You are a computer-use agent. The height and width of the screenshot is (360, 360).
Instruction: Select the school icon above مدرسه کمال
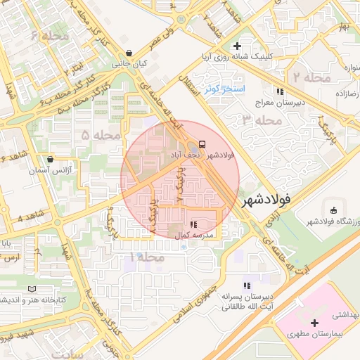pyautogui.click(x=193, y=224)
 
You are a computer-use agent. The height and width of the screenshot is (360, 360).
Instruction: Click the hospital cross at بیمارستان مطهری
pyautogui.click(x=314, y=322)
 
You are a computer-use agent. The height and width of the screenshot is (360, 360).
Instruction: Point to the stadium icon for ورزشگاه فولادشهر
pyautogui.click(x=333, y=210)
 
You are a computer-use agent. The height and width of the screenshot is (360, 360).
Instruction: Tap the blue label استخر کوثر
pyautogui.click(x=224, y=90)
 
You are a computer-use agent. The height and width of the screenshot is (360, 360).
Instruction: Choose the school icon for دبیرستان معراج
pyautogui.click(x=279, y=91)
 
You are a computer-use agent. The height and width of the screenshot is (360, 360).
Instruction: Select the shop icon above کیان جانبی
pyautogui.click(x=129, y=53)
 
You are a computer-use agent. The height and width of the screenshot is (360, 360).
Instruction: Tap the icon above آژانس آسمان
pyautogui.click(x=51, y=159)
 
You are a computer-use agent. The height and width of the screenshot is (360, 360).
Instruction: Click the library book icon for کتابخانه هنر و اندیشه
pyautogui.click(x=31, y=289)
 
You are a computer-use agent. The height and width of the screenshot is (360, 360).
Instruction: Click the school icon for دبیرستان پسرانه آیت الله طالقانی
pyautogui.click(x=246, y=285)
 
